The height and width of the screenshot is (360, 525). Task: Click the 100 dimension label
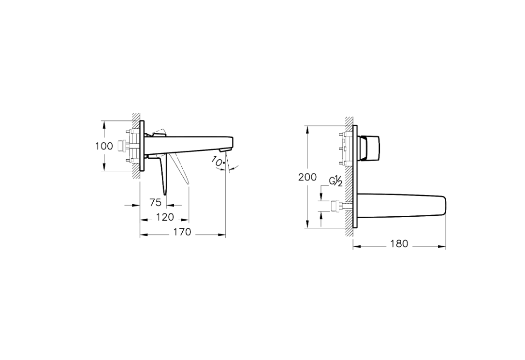point(104,146)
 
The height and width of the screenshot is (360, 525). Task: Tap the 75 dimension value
point(156,202)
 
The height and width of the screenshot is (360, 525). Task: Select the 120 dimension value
point(165,217)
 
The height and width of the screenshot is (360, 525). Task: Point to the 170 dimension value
point(182,232)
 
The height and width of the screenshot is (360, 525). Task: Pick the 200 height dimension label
point(307,177)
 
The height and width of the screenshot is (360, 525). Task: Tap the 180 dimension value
point(399,244)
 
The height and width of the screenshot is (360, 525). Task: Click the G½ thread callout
point(335,181)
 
